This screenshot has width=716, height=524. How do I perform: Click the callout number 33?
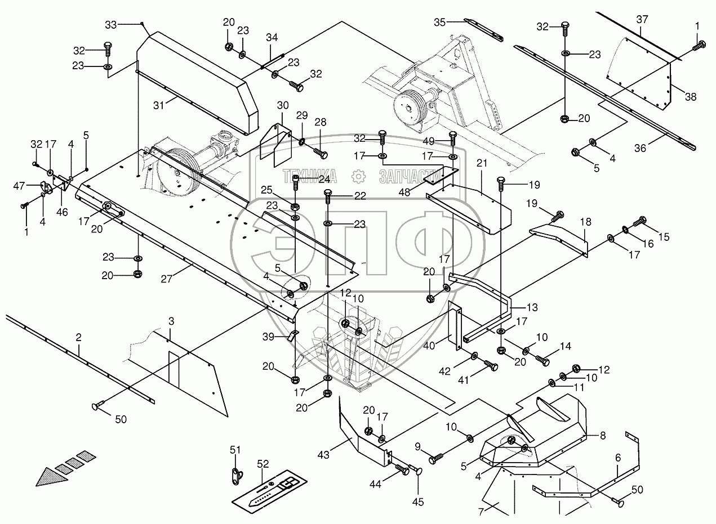coord(112,25)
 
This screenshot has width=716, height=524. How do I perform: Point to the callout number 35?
coord(441,22)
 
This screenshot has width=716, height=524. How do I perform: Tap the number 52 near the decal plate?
coord(264,464)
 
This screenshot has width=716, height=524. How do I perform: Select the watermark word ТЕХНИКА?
coord(310,177)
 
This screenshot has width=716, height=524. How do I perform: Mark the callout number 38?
coord(690,96)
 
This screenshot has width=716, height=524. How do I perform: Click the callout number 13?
coord(532,308)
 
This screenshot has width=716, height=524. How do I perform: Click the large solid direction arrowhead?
coord(51,478)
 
